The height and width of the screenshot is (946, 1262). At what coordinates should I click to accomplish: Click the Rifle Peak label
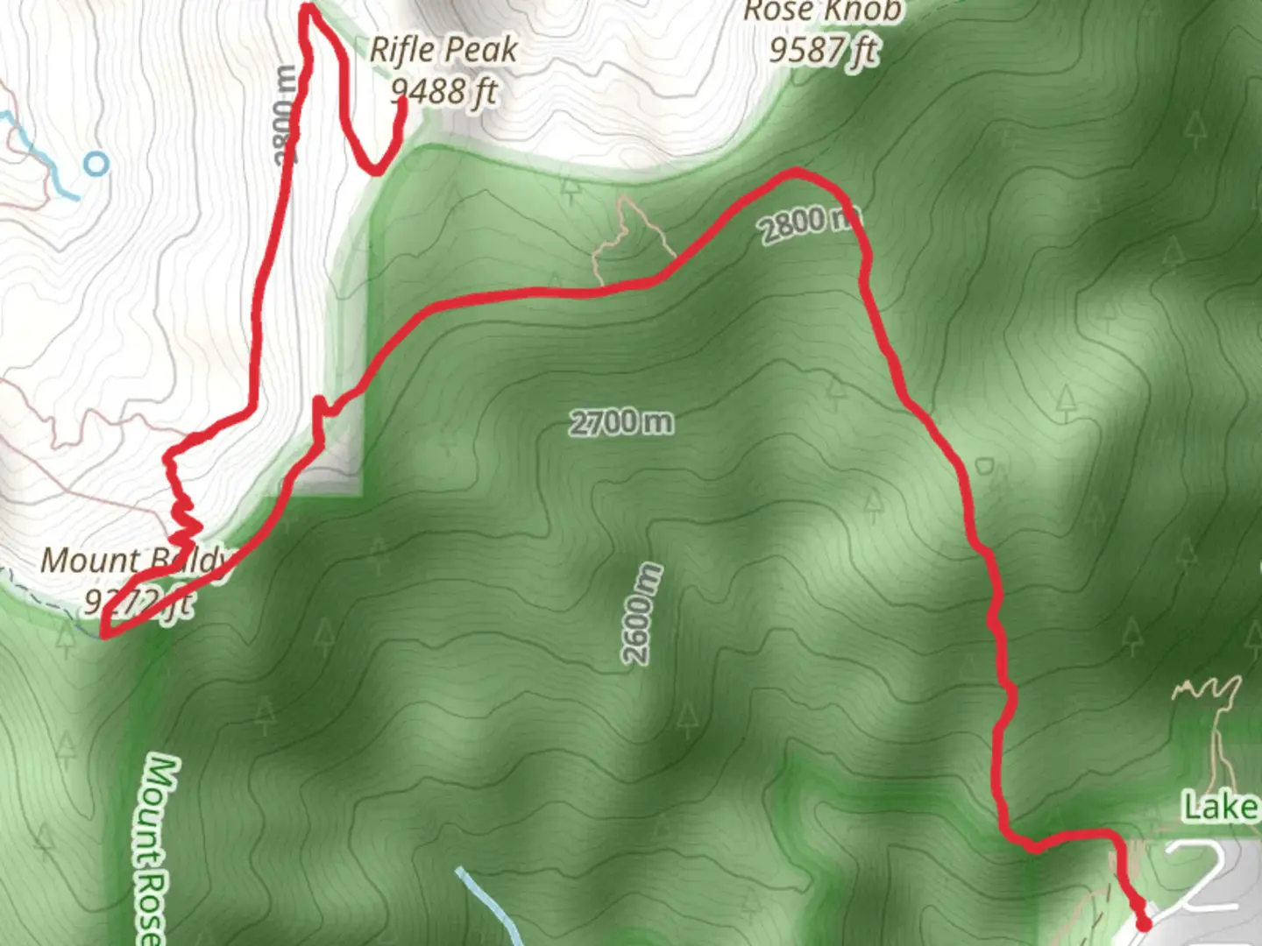coord(443,50)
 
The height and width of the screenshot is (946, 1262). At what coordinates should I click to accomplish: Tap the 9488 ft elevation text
coord(443,90)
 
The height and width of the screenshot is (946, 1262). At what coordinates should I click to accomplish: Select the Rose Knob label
coord(821,11)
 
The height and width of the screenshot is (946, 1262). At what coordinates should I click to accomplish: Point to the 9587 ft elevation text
coord(822,50)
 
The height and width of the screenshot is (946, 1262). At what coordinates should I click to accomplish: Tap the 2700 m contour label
coord(621,423)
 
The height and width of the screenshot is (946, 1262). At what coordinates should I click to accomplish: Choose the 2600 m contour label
coord(642,614)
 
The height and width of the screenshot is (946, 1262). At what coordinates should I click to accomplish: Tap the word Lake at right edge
coord(1221,807)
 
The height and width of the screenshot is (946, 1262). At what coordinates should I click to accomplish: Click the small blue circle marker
coord(96,163)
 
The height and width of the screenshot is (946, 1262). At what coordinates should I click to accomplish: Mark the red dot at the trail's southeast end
coord(1143,923)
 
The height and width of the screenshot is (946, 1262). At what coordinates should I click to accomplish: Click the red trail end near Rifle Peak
coord(402,102)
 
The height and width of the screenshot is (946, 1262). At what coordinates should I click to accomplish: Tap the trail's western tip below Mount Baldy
coord(104,633)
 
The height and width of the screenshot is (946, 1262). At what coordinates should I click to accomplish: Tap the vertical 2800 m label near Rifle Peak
coord(286,115)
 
